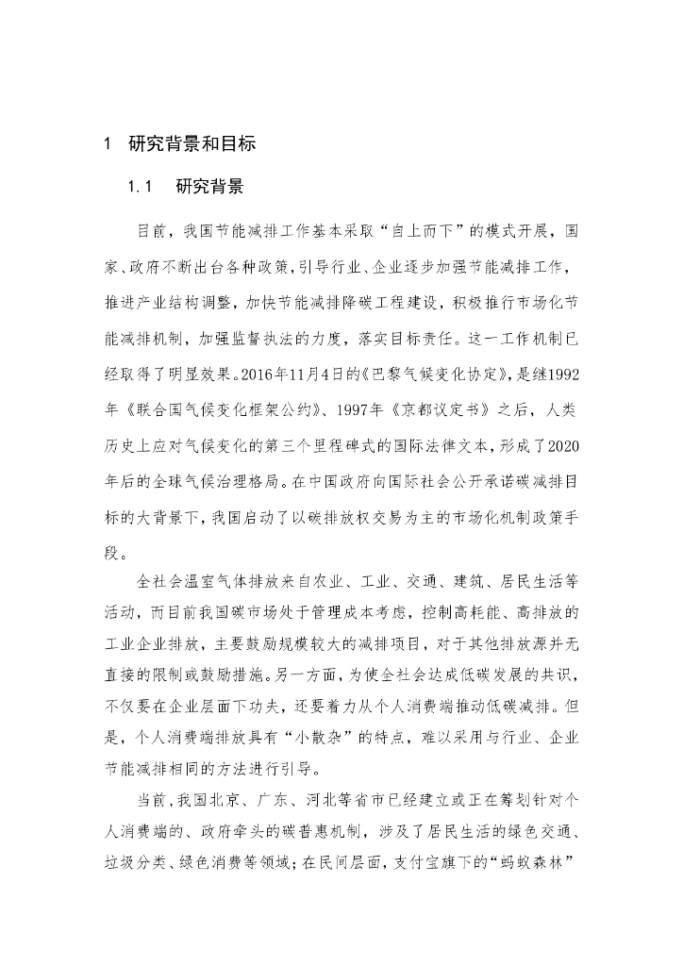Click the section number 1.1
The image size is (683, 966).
(x=140, y=186)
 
